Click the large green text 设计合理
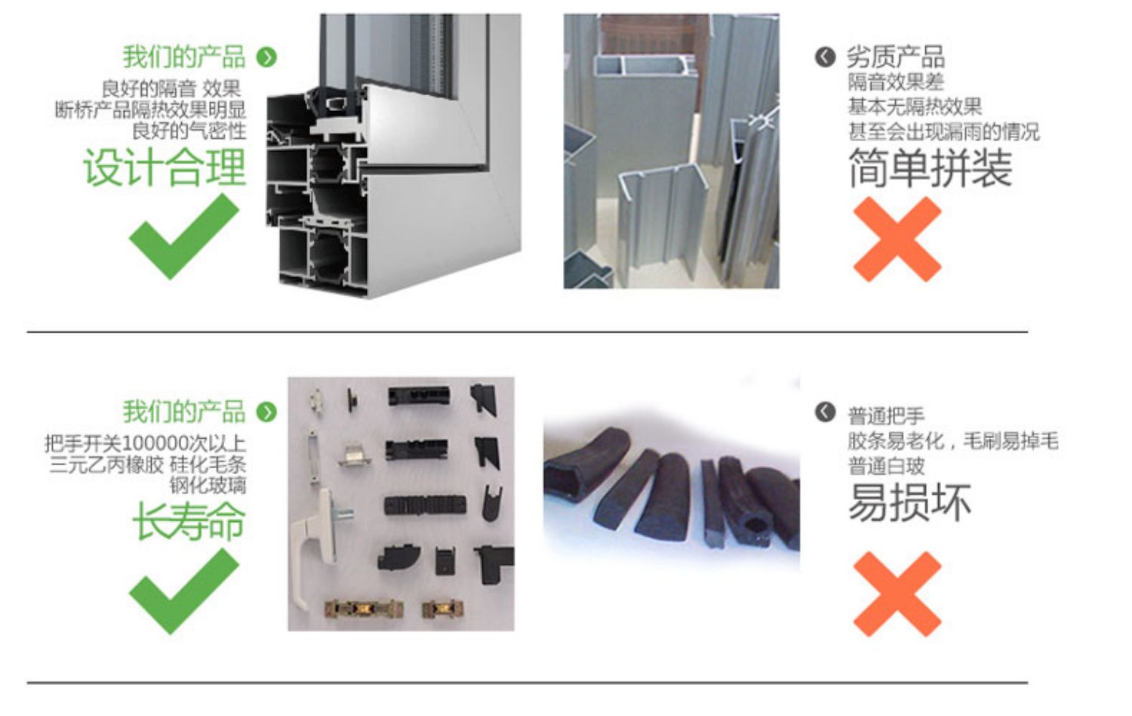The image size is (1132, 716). [x=165, y=167]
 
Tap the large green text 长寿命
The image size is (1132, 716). [x=189, y=522]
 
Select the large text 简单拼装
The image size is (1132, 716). [x=929, y=168]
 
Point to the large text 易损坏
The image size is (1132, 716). [x=909, y=502]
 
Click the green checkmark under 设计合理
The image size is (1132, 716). [x=183, y=236]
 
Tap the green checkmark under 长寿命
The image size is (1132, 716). [x=183, y=591]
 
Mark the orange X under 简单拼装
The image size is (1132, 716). [x=897, y=239]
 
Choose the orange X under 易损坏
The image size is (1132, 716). [x=897, y=594]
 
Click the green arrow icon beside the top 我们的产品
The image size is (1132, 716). [x=266, y=57]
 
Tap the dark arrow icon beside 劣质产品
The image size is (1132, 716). [x=825, y=57]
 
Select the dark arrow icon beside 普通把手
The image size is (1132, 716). [x=825, y=412]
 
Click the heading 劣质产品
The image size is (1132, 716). [x=895, y=57]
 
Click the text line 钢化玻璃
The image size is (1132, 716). [x=208, y=485]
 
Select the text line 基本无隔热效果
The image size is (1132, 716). [x=914, y=106]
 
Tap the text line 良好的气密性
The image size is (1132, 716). [x=189, y=131]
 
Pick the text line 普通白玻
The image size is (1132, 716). [x=886, y=466]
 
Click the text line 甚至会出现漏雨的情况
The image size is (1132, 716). [x=943, y=131]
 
